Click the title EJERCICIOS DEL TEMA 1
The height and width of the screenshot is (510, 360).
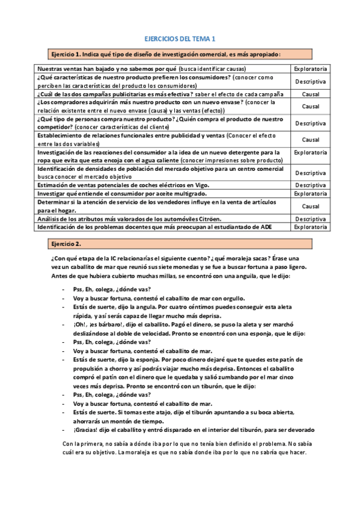point(181,38)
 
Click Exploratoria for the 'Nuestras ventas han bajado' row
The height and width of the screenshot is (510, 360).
point(310,69)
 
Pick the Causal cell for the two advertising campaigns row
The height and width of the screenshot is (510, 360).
point(310,94)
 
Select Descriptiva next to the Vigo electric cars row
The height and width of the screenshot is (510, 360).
point(310,185)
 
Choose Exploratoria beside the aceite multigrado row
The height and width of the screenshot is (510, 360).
point(310,194)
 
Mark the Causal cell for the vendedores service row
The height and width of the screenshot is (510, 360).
point(310,206)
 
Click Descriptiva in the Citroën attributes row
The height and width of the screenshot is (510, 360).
point(310,219)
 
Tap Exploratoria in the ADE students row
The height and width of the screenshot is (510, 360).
point(310,227)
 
